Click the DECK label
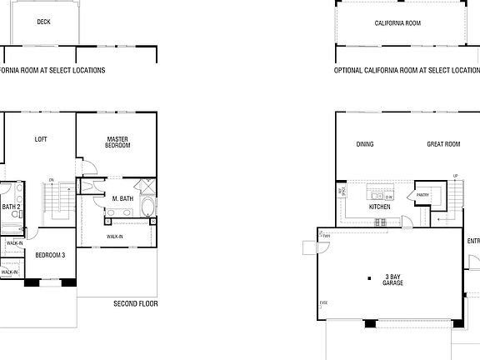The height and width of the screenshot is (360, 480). point(42,22)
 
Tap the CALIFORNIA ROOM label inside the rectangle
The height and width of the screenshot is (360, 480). point(397,23)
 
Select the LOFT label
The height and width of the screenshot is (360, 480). point(41,139)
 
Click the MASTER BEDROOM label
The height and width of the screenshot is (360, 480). point(117,142)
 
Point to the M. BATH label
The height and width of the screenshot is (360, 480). point(122,198)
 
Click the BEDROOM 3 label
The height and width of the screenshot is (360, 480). point(49,255)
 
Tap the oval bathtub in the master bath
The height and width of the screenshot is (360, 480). point(147,207)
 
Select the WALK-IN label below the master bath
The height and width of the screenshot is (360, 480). point(115,237)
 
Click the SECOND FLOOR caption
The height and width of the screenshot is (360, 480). point(135,304)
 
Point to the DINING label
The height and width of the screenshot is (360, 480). point(365,144)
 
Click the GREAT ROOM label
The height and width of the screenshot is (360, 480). point(443,144)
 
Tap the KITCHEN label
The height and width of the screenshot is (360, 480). point(379,207)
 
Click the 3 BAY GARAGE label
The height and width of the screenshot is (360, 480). point(392,279)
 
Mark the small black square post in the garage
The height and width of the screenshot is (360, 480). point(368,277)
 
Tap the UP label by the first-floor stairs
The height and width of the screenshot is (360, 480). point(455,175)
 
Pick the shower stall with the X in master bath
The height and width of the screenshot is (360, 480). point(146,186)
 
